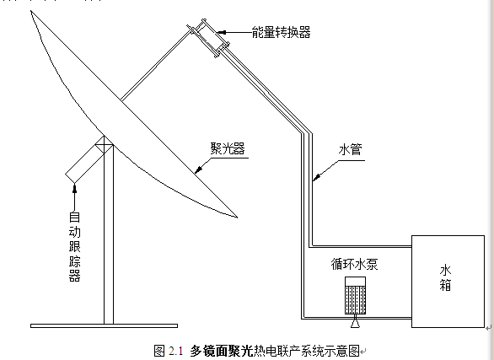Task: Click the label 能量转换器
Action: (x=281, y=32)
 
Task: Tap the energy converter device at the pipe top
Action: (x=208, y=38)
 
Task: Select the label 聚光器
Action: (x=228, y=148)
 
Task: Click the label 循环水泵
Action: (x=354, y=264)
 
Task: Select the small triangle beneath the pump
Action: (x=356, y=323)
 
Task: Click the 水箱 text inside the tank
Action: (x=445, y=278)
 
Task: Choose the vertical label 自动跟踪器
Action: (x=75, y=247)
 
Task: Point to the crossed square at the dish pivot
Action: (x=105, y=145)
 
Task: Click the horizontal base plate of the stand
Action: (x=104, y=325)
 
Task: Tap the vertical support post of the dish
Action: (x=109, y=236)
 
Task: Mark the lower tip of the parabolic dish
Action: (x=237, y=217)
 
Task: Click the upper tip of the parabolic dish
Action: (x=31, y=11)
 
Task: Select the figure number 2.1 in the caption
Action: (x=175, y=351)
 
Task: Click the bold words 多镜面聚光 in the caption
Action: (x=222, y=351)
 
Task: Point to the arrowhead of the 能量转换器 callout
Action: (x=222, y=32)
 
